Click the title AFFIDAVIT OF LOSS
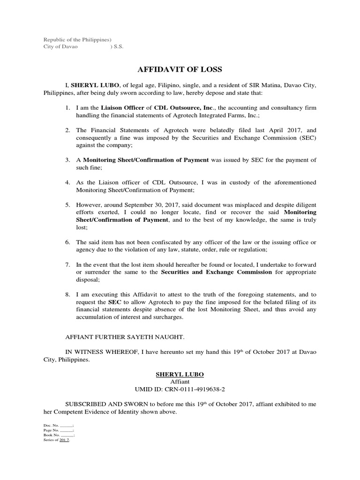[179, 70]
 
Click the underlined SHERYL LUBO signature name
[180, 375]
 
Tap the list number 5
[67, 205]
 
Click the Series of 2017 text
[57, 440]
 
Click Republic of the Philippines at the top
[77, 39]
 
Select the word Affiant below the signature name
[180, 382]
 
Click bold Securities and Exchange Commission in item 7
[216, 272]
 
